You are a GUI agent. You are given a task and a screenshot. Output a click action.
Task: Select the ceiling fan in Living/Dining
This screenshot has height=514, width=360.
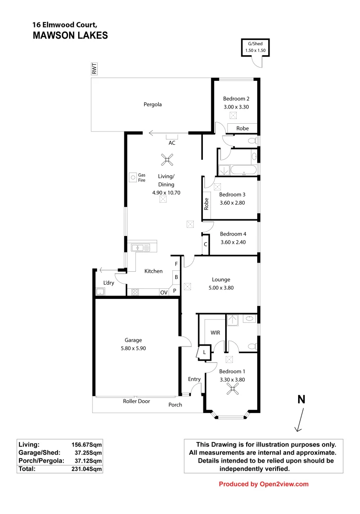[167, 160]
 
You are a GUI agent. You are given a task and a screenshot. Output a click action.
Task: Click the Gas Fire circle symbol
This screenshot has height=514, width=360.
[131, 178]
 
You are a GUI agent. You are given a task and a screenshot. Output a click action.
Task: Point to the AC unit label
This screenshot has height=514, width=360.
[171, 142]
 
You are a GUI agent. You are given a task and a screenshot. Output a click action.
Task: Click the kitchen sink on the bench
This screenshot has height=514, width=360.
[140, 247]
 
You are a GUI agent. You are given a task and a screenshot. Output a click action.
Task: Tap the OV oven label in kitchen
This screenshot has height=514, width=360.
[164, 293]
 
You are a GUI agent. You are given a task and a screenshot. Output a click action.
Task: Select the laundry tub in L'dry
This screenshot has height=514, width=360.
[100, 292]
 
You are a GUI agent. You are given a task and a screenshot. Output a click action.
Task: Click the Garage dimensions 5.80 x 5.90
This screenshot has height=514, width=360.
[133, 348]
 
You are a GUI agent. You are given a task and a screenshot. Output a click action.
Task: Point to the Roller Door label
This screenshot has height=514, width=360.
[137, 401]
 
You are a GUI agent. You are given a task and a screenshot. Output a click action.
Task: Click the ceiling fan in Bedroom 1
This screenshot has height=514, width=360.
[232, 390]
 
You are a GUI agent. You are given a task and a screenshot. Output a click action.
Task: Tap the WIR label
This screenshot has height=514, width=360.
[215, 333]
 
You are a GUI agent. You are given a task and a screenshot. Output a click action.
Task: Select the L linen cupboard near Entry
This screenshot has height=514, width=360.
[204, 352]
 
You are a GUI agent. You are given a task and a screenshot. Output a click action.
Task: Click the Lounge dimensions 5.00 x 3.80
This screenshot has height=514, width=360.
[221, 287]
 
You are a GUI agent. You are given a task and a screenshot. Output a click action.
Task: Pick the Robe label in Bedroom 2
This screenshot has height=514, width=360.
[242, 128]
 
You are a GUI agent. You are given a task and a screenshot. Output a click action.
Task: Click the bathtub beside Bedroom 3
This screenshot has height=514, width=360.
[244, 170]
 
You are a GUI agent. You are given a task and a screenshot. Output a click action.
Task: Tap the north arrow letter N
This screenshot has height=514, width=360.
[301, 400]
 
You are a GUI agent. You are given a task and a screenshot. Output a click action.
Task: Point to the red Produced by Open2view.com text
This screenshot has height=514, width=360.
[263, 484]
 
